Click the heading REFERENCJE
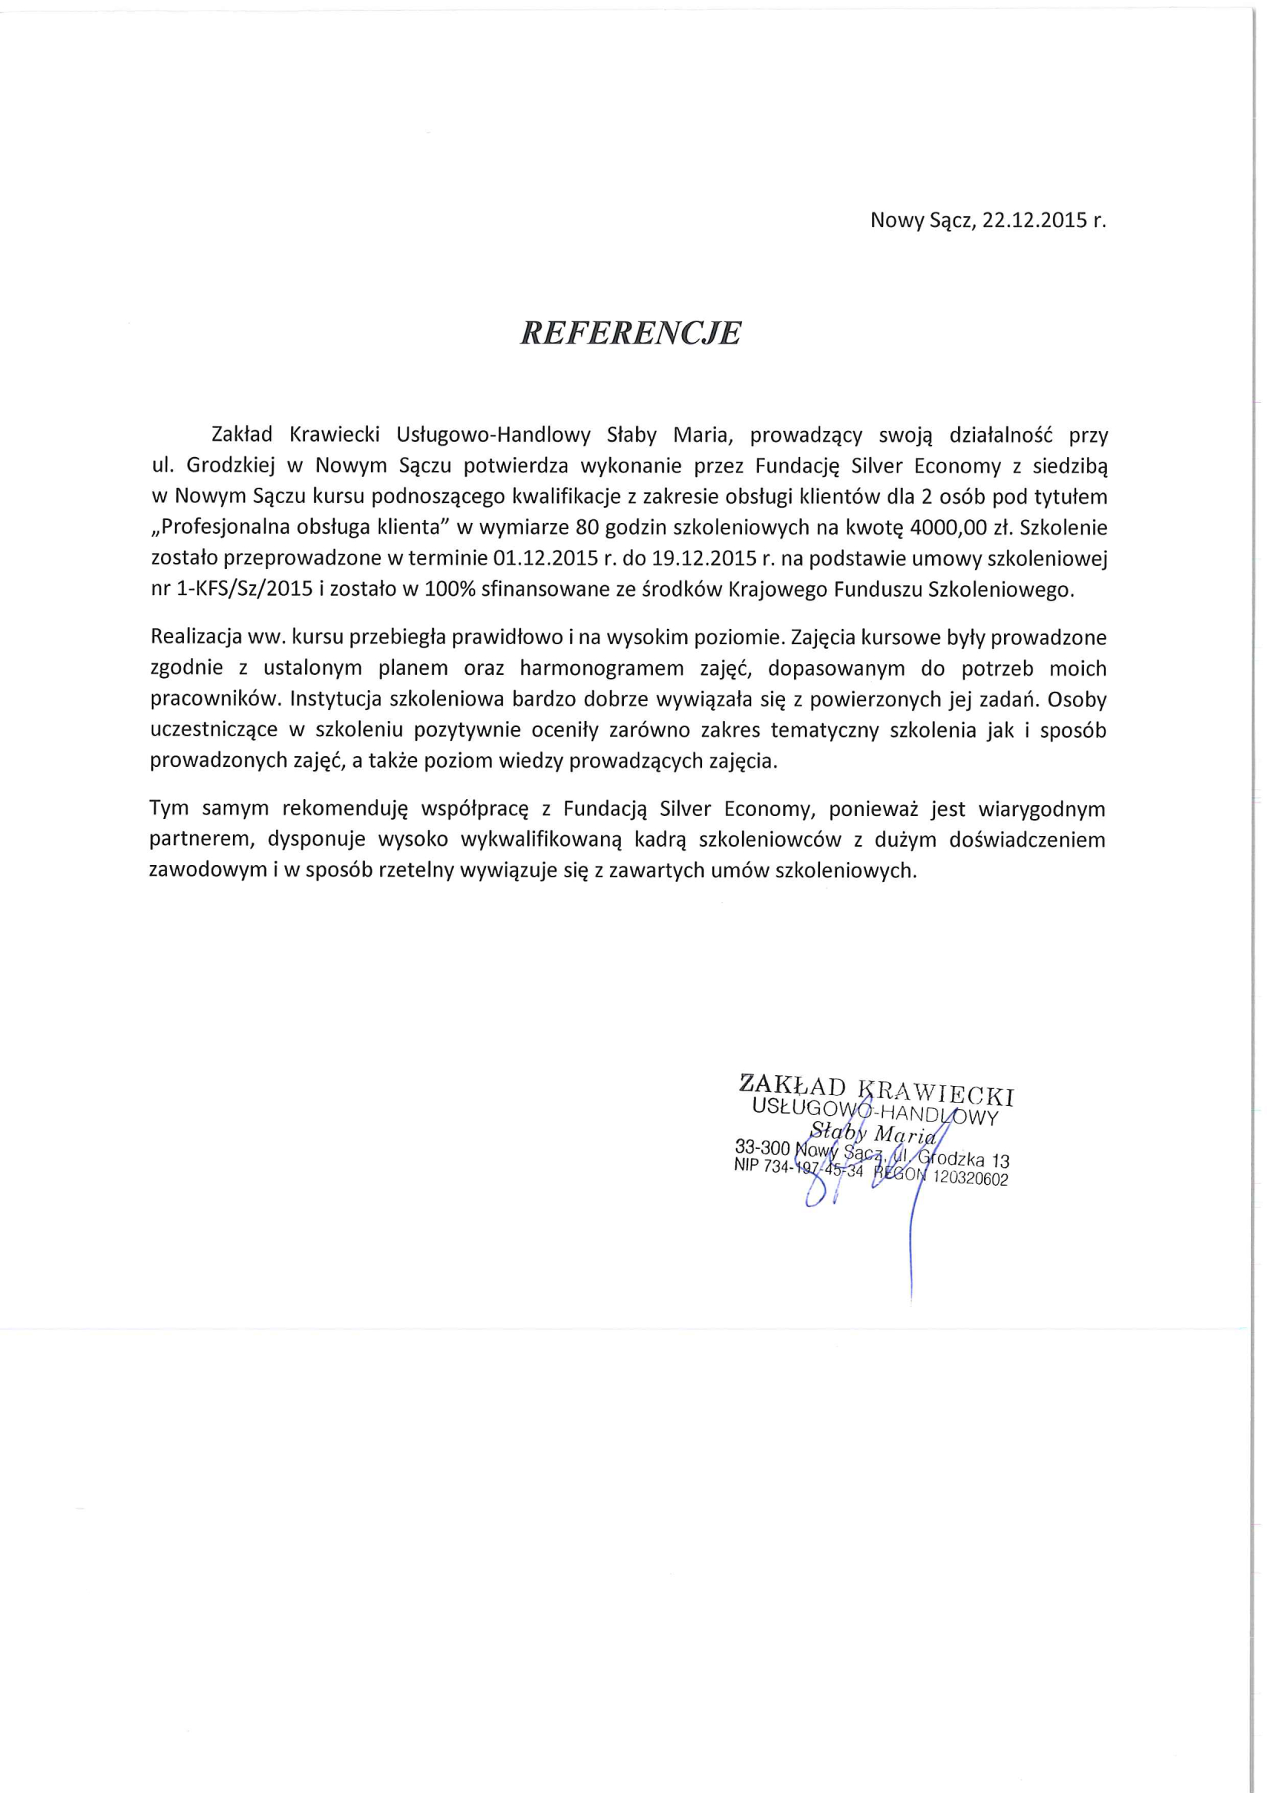click(630, 334)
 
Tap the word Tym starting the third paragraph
click(169, 809)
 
